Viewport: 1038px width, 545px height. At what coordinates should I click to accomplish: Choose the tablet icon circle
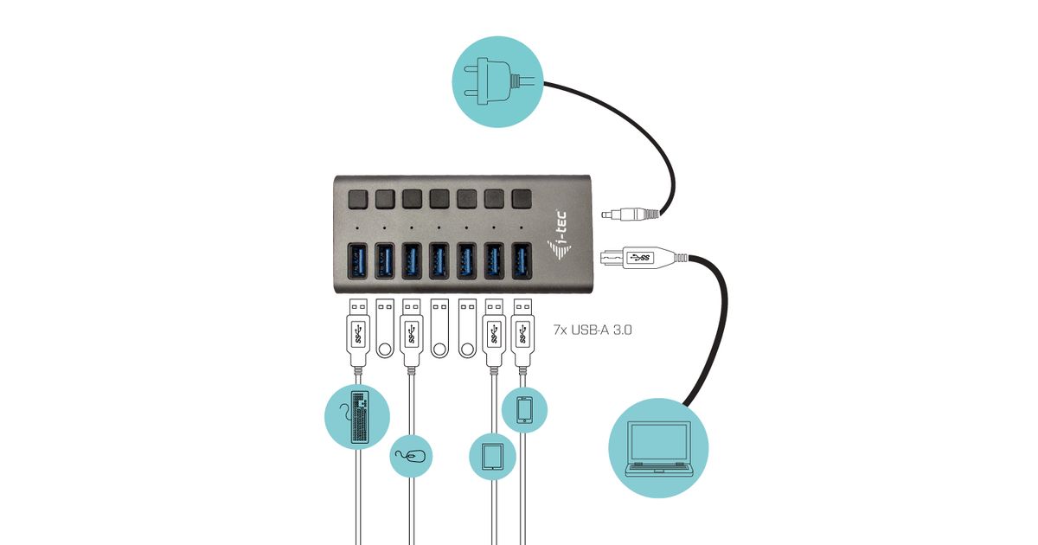coord(493,455)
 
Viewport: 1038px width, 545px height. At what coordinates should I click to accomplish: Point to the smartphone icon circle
coord(524,409)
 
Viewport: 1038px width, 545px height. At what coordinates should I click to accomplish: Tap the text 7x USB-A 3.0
coord(593,329)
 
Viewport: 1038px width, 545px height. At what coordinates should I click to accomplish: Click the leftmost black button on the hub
coord(356,199)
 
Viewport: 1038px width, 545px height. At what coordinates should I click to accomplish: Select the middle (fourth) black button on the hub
coord(439,199)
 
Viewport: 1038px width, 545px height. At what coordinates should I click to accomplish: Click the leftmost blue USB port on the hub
coord(356,262)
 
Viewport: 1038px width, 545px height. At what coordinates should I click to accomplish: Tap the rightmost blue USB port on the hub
coord(521,262)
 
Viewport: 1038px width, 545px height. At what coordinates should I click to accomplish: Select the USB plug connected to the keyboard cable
coord(357,333)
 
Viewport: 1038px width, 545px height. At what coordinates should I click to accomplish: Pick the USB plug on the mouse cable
coord(412,333)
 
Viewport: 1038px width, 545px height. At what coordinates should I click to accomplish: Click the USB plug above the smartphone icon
coord(522,333)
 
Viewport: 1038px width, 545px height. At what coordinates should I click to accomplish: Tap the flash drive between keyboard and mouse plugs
coord(385,329)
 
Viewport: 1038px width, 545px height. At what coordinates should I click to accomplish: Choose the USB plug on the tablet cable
coord(494,333)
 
